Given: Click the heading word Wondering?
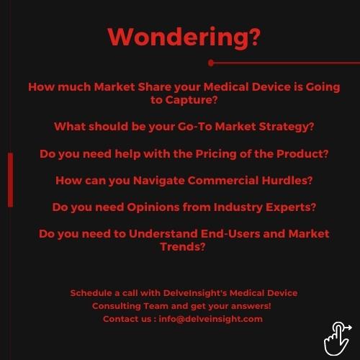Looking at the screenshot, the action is point(184,37).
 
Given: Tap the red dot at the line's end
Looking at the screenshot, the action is point(211,63).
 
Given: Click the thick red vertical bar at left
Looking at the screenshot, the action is point(10,180).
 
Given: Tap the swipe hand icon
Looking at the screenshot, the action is point(338,338).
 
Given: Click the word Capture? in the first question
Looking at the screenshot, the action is point(192,100).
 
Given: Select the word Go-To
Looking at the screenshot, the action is point(194,127).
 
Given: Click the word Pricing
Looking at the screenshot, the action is point(216,154).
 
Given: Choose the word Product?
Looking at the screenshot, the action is point(302,154).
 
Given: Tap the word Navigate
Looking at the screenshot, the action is point(159,181).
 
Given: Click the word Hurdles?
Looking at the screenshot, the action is point(287,180).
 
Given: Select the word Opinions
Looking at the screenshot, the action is point(153,207).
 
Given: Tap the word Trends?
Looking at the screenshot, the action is point(183,247).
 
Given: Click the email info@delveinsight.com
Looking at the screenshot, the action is point(211,319).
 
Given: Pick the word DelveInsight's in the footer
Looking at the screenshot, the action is point(195,293).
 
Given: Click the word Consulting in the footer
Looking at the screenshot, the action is point(117,306).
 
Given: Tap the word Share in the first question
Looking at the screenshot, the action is point(154,87).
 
